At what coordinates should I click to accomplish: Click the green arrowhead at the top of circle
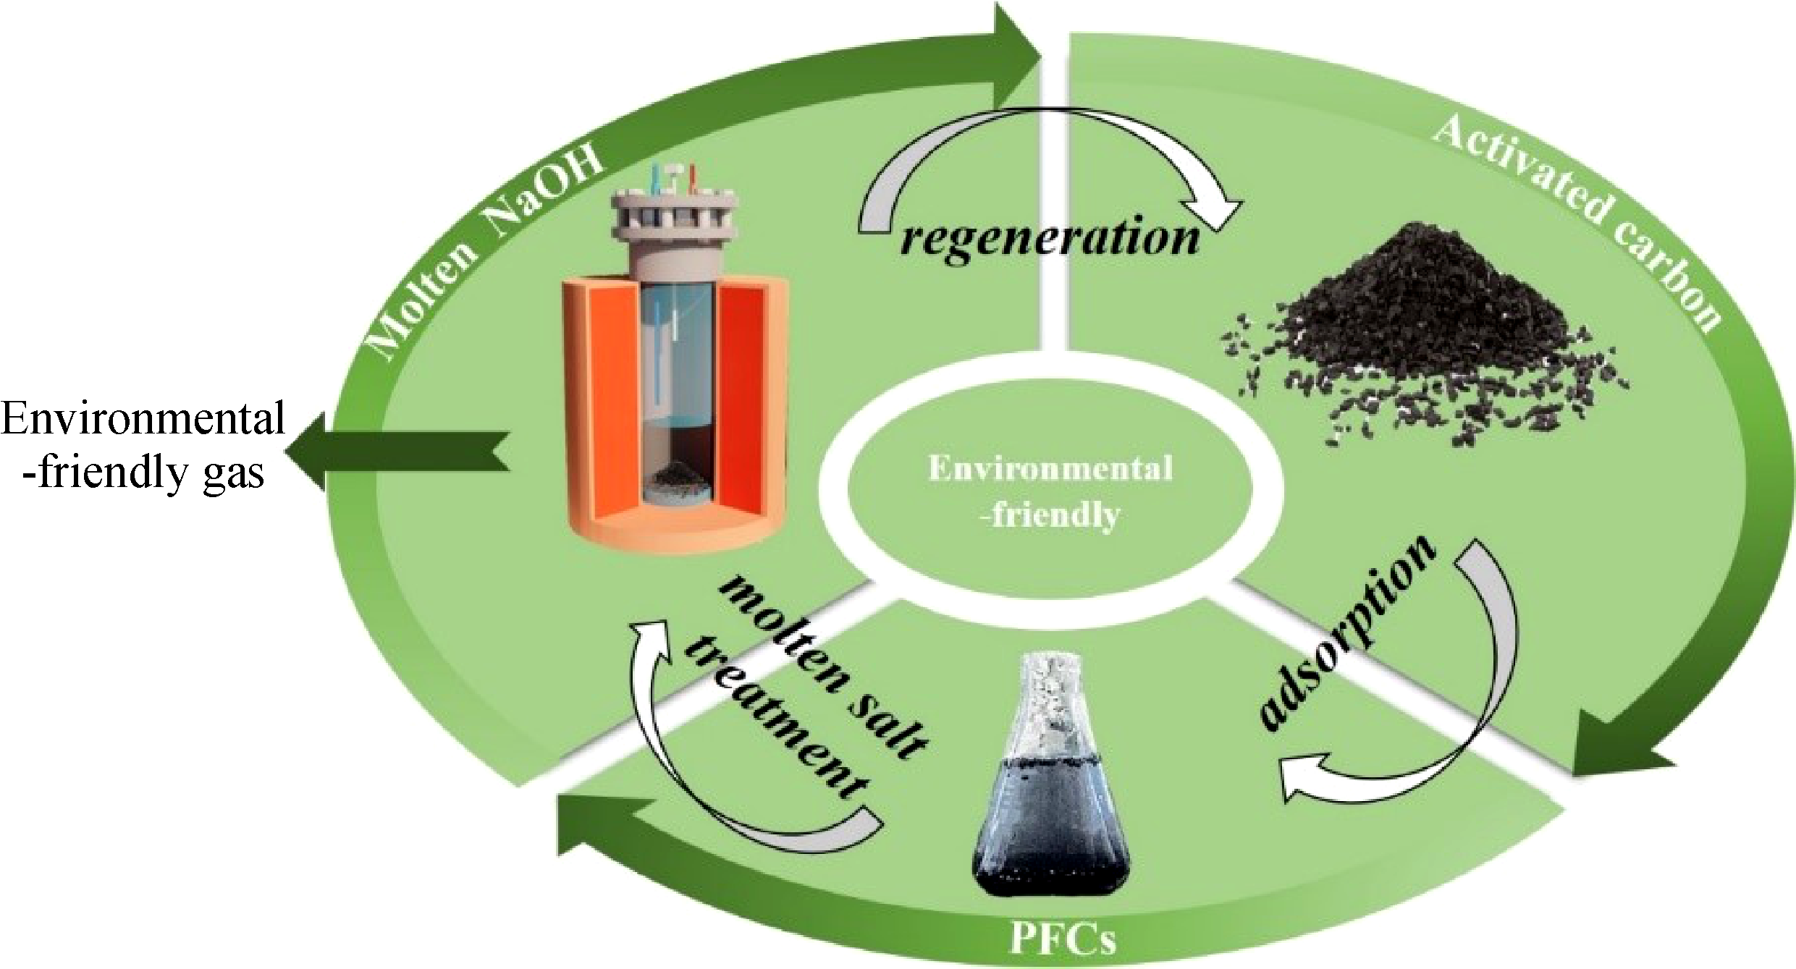(x=1013, y=51)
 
